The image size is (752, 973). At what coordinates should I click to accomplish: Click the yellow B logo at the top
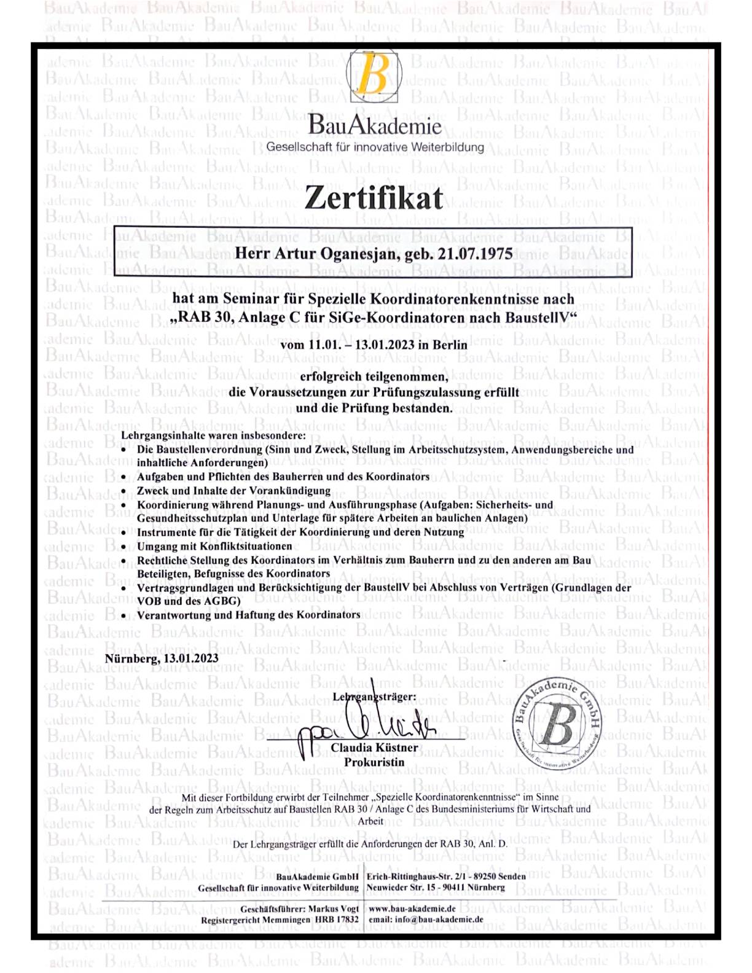[x=374, y=77]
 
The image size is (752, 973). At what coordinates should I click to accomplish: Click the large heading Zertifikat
[x=374, y=198]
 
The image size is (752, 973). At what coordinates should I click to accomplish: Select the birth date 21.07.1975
[x=475, y=254]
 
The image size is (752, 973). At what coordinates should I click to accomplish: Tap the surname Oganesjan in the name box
[x=351, y=254]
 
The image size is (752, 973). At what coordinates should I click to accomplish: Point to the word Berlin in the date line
[x=450, y=345]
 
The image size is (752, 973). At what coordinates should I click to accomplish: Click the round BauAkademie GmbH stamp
[x=557, y=724]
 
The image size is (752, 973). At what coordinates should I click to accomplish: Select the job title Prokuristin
[x=374, y=762]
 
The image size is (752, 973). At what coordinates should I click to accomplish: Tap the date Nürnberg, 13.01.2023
[x=162, y=658]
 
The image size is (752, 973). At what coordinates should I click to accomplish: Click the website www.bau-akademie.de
[x=412, y=909]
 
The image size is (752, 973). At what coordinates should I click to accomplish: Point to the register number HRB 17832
[x=337, y=920]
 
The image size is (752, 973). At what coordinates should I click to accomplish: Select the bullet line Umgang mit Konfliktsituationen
[x=214, y=546]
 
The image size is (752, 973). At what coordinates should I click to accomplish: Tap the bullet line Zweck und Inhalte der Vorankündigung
[x=233, y=491]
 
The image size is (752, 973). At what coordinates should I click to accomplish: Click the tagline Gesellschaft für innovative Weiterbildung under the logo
[x=375, y=147]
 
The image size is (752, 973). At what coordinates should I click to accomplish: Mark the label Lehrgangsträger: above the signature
[x=374, y=697]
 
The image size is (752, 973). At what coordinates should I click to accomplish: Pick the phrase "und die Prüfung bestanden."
[x=374, y=408]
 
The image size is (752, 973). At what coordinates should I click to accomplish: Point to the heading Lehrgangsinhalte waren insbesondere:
[x=213, y=436]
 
